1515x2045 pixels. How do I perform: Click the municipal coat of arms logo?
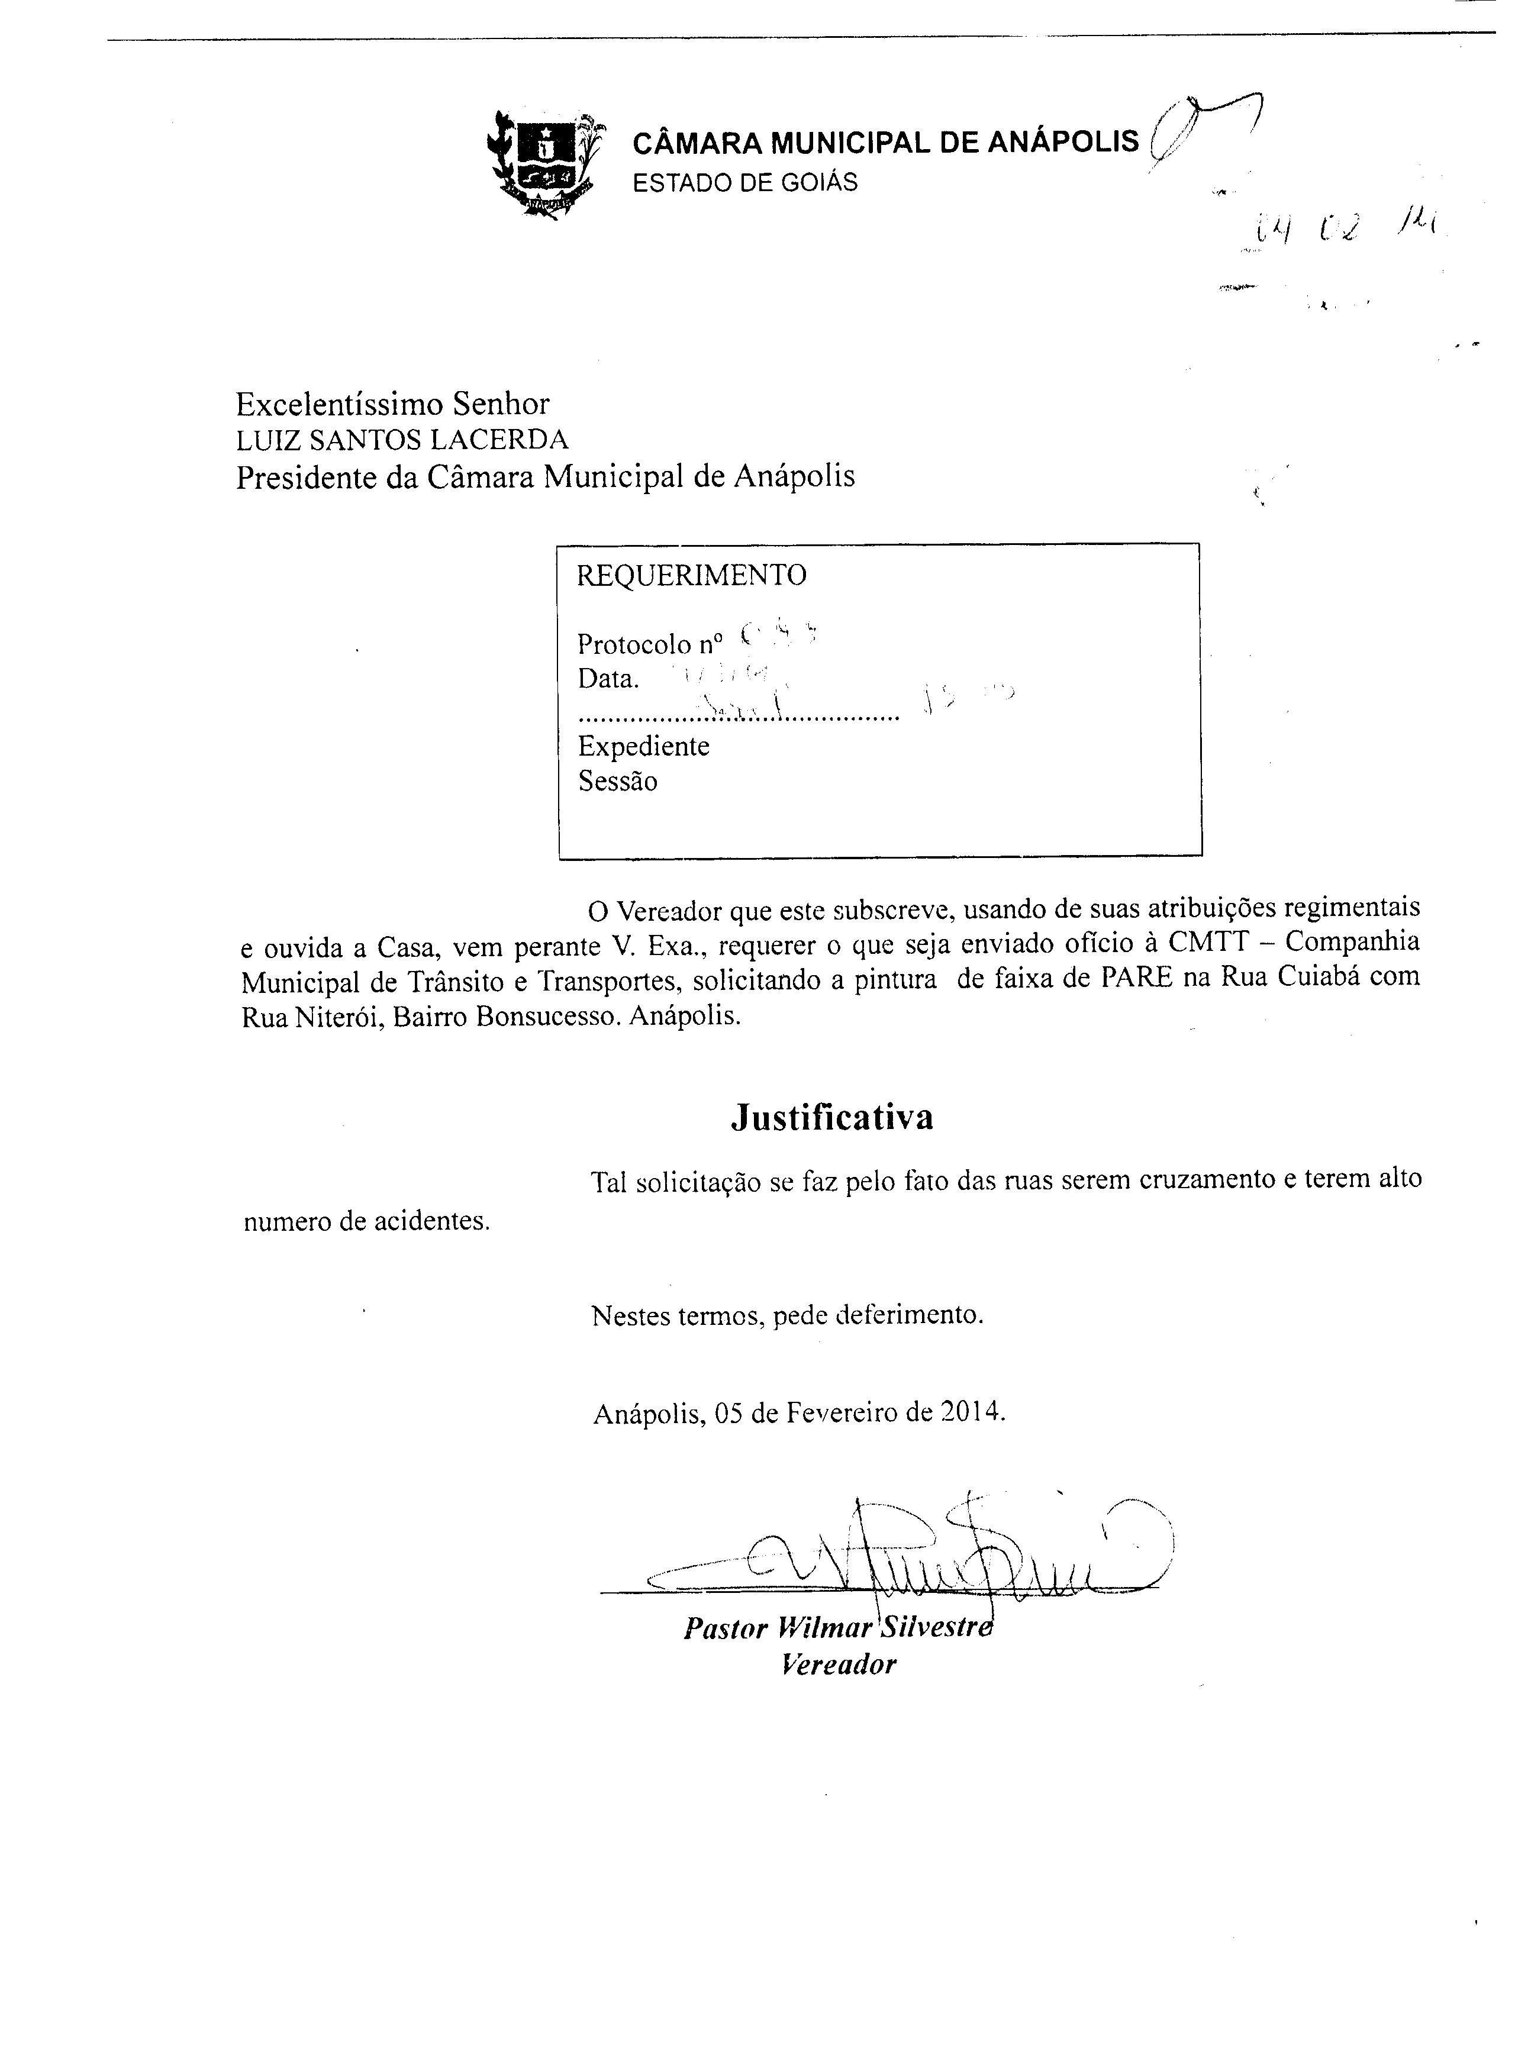tap(544, 162)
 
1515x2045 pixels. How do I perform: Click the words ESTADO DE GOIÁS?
tap(744, 182)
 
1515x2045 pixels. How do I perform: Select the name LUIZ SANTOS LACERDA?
tap(402, 440)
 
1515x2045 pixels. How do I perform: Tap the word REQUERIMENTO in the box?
tap(691, 575)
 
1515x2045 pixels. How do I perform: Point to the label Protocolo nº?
tap(649, 644)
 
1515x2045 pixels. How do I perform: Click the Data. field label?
tap(608, 679)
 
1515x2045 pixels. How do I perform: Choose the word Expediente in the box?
tap(643, 746)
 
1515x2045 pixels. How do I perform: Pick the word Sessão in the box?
tap(617, 781)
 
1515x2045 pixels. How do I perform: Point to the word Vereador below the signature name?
tap(837, 1663)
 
